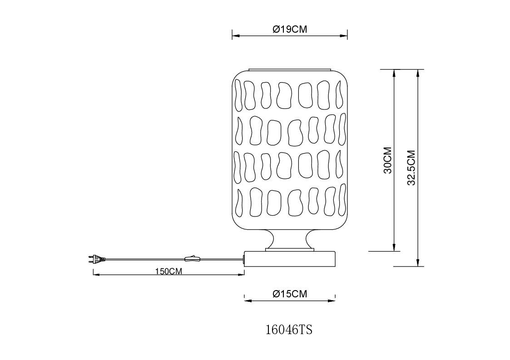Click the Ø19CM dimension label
[x=290, y=29]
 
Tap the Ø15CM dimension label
[x=290, y=294]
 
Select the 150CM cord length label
[x=168, y=271]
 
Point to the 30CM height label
[x=388, y=160]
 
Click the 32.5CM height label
[x=411, y=168]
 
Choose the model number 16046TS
[x=289, y=330]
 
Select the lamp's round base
[x=290, y=258]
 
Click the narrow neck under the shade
[x=290, y=239]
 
